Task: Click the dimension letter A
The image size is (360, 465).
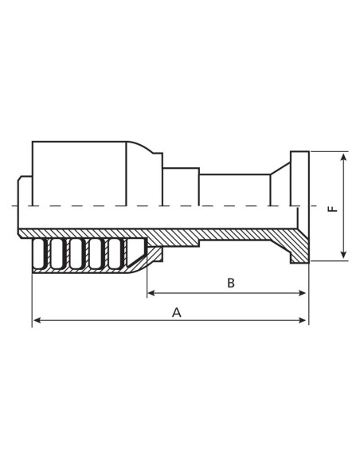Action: (x=177, y=313)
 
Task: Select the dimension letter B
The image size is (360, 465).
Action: (x=231, y=283)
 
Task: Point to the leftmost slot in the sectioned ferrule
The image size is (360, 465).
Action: (x=37, y=254)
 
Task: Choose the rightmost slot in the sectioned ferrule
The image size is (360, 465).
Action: (x=135, y=253)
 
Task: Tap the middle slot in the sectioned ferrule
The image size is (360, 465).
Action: (x=76, y=254)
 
